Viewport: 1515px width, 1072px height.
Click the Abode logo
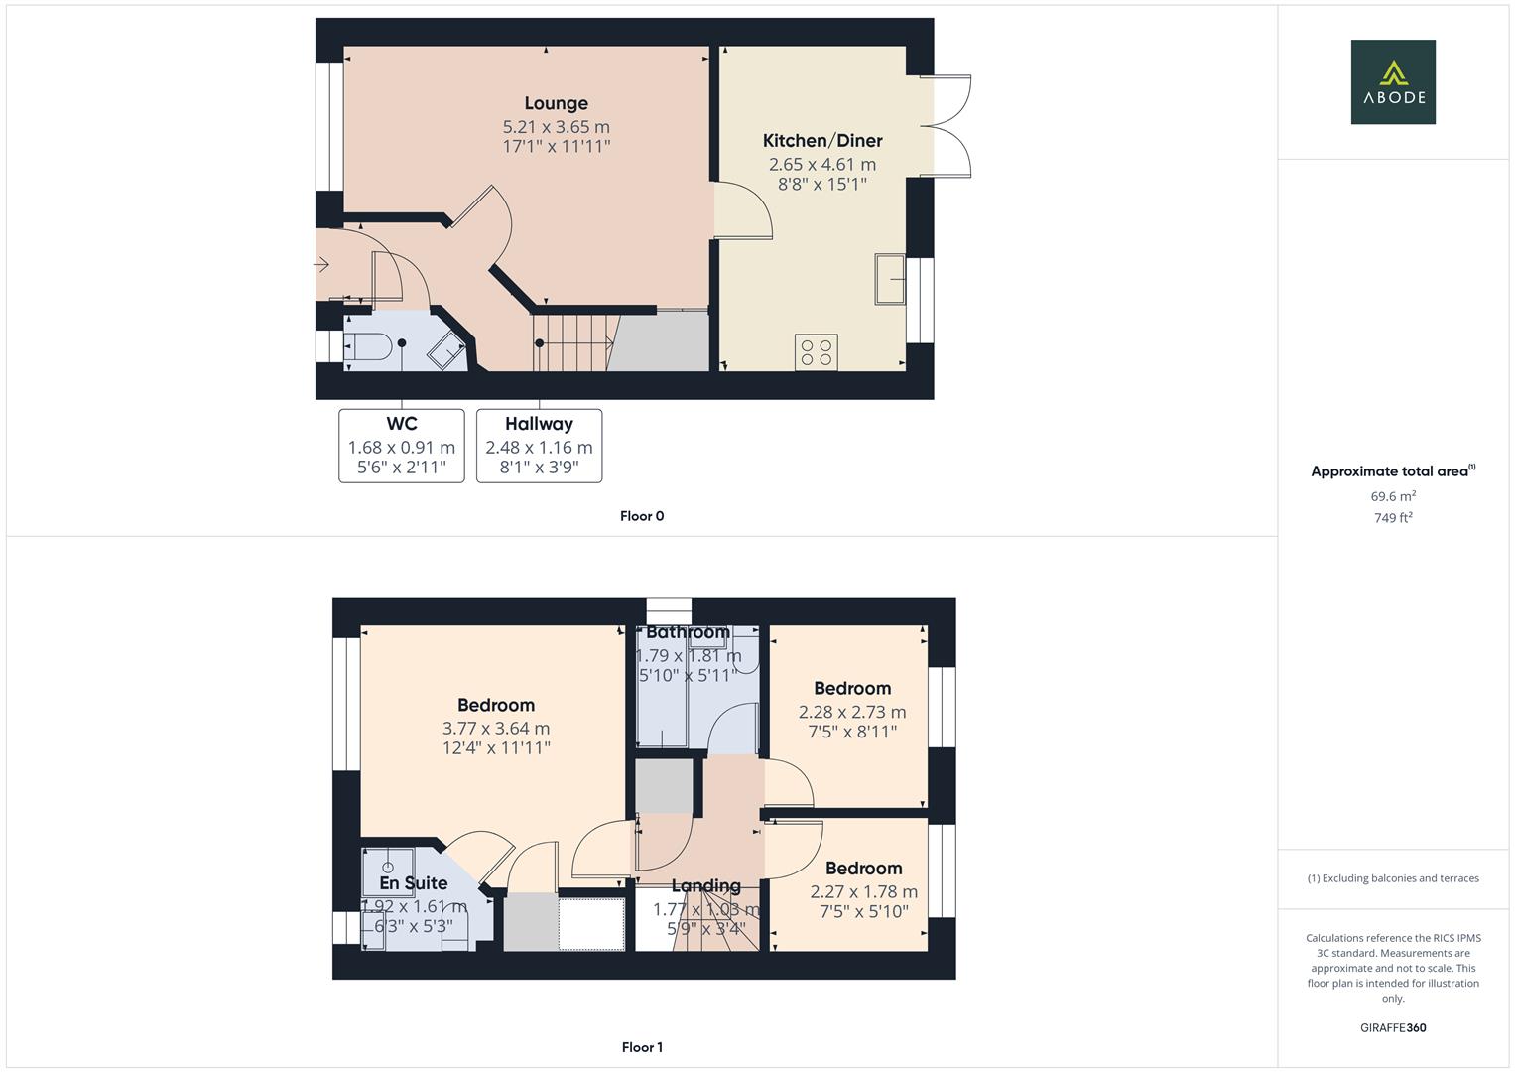point(1392,81)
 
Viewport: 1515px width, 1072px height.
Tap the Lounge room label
point(556,103)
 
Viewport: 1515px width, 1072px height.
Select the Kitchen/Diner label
point(822,141)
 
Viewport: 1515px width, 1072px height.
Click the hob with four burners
point(817,352)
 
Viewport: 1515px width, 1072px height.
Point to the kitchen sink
point(890,278)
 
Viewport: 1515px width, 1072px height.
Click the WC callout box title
point(401,424)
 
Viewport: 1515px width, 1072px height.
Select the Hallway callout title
point(539,424)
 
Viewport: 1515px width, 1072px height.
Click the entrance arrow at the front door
point(321,264)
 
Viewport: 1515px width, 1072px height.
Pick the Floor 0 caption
point(642,516)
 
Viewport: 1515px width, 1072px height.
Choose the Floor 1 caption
point(642,1047)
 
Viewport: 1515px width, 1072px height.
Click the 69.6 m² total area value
point(1393,496)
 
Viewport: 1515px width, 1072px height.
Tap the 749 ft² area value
point(1393,518)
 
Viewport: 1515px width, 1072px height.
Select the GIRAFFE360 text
point(1393,1028)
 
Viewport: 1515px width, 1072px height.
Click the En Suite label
point(413,883)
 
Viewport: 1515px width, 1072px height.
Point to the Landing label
point(705,886)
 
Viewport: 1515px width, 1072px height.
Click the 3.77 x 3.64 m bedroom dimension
point(496,729)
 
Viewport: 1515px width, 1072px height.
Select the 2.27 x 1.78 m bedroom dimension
point(863,891)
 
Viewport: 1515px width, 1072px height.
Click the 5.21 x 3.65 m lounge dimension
point(556,127)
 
